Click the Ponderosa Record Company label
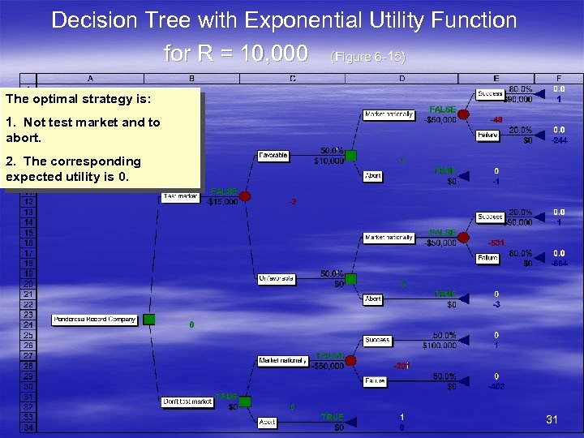click(x=95, y=320)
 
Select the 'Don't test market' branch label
click(x=187, y=401)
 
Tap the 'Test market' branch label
click(x=180, y=196)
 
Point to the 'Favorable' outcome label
click(x=273, y=155)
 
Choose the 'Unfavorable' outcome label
click(x=276, y=278)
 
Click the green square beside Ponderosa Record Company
click(x=148, y=320)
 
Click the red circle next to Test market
click(x=244, y=196)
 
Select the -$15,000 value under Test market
click(x=222, y=202)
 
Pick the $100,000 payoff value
click(x=439, y=346)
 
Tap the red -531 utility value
click(x=496, y=243)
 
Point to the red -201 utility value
click(x=401, y=366)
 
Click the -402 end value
click(x=496, y=387)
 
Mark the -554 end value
click(x=559, y=264)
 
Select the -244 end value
click(x=559, y=140)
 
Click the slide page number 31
click(x=552, y=419)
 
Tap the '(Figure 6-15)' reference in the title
click(x=368, y=57)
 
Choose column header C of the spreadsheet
click(x=292, y=79)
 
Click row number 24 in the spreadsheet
click(x=28, y=324)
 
